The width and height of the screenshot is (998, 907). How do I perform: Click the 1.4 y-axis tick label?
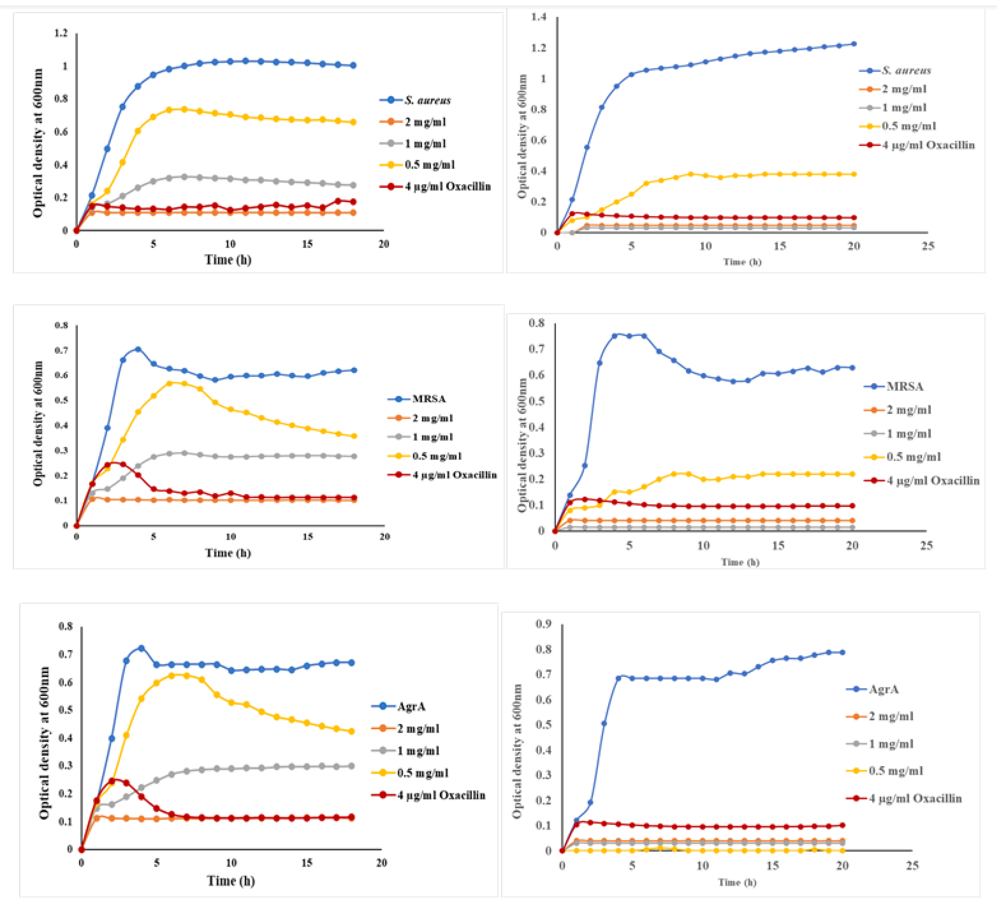coord(539,17)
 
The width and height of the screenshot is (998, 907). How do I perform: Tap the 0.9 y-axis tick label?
coord(544,624)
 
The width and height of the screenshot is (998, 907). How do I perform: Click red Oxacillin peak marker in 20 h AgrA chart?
coord(112,781)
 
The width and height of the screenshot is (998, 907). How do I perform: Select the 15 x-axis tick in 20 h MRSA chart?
coord(307,536)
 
